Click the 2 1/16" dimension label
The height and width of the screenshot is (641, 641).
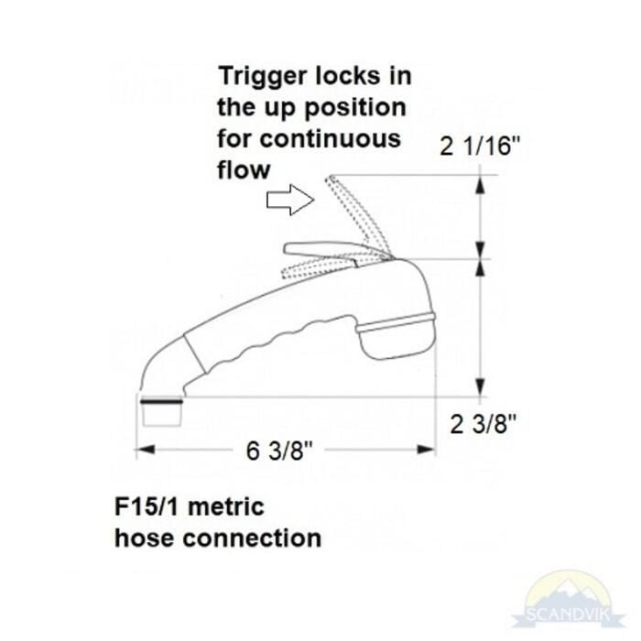tap(480, 146)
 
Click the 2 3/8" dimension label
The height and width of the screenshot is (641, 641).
tap(483, 424)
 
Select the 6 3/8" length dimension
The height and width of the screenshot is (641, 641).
tap(279, 451)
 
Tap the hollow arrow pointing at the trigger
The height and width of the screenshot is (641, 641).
tap(290, 200)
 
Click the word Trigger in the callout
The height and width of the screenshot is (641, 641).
tap(263, 77)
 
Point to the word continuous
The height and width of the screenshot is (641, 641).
tap(330, 139)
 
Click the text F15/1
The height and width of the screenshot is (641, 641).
tap(147, 507)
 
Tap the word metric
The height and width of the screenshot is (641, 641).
tap(226, 507)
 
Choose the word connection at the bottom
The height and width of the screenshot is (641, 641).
tap(252, 538)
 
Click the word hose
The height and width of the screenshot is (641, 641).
tap(145, 538)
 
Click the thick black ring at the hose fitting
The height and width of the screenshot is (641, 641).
tap(161, 401)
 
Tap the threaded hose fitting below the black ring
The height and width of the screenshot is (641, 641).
tap(162, 415)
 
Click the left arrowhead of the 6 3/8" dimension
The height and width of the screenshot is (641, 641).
tap(145, 450)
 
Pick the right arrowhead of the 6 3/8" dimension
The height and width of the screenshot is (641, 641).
tap(426, 450)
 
